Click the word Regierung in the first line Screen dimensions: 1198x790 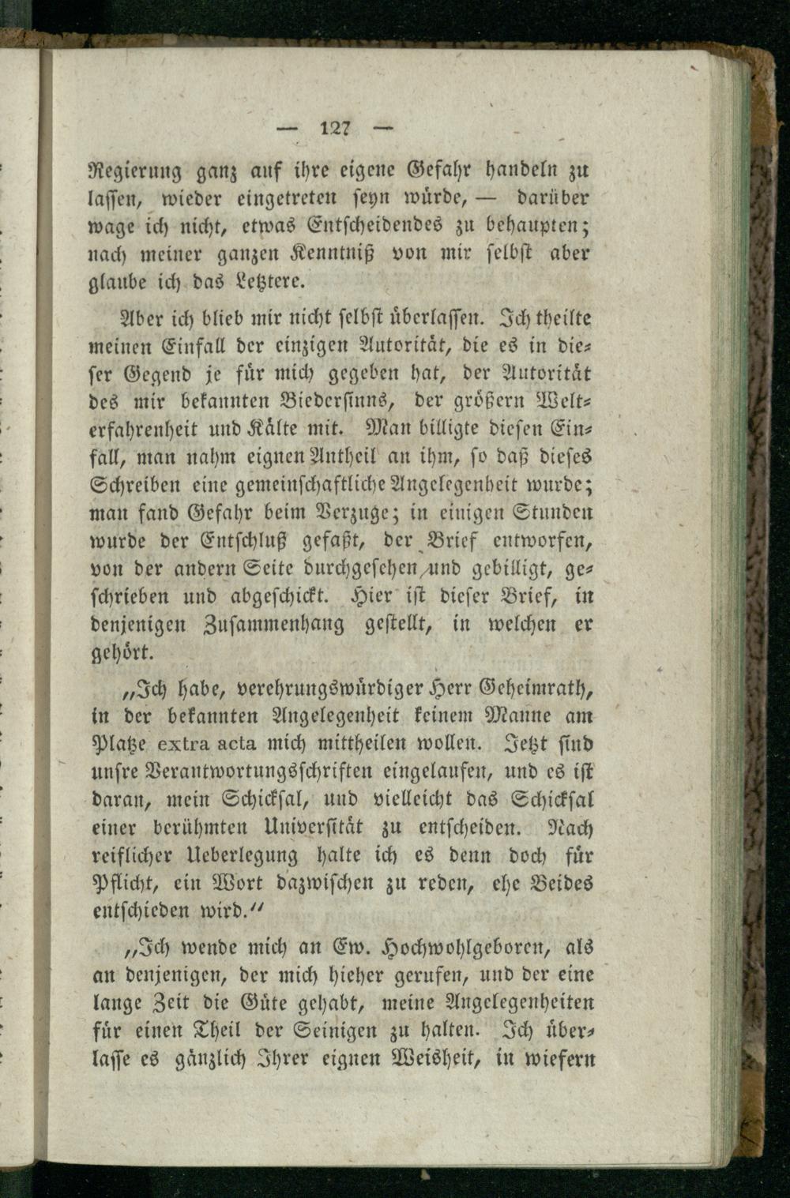tap(132, 169)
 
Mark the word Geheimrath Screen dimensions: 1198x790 tap(533, 689)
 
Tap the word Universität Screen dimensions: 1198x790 tap(312, 828)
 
